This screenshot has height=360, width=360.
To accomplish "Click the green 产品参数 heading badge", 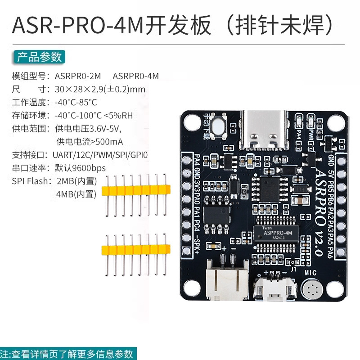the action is [39, 57].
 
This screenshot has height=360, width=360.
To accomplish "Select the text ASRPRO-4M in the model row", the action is [135, 76].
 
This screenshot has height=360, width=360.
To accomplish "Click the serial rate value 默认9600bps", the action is [80, 168].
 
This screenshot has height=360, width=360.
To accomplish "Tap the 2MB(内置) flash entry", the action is [76, 181].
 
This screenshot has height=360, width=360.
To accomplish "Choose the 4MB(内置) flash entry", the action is [76, 194].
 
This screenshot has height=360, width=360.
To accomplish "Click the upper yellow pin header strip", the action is [136, 191].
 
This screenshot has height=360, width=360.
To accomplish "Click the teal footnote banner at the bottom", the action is [67, 353].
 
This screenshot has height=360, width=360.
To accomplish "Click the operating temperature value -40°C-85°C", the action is [76, 102].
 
